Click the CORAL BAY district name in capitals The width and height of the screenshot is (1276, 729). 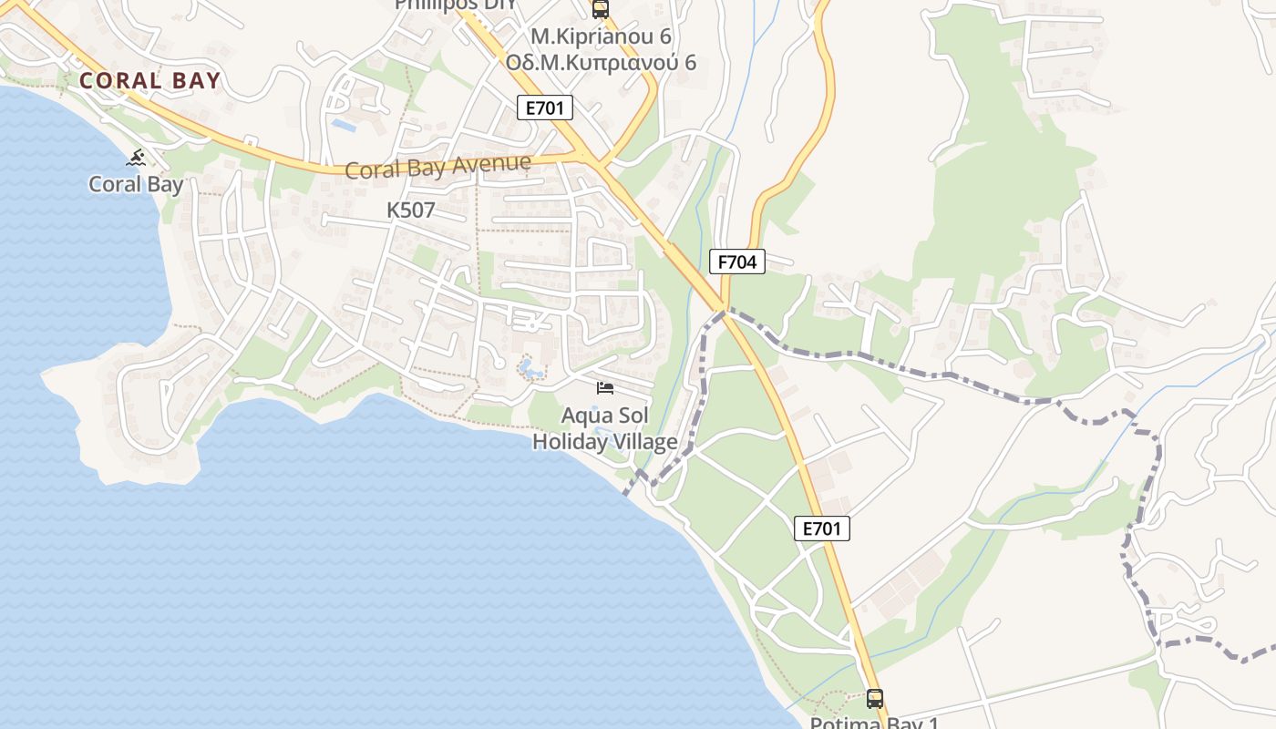point(149,81)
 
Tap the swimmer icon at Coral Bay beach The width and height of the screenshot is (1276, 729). point(137,159)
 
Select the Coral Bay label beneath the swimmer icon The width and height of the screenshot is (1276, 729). point(136,184)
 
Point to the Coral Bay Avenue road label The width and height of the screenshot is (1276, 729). point(437,167)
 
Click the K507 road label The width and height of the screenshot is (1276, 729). point(411,210)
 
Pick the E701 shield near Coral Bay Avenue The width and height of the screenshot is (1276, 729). point(545,108)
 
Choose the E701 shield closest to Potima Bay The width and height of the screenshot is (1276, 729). point(821,529)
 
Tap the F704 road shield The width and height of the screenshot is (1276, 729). point(736,262)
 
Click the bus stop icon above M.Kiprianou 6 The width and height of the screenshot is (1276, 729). point(600,10)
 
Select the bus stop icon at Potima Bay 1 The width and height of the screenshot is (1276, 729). point(875,699)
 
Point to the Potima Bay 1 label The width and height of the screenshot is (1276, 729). point(874,723)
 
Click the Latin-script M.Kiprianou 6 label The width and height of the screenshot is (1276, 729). point(601,37)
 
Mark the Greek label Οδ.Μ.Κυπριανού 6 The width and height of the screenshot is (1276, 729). point(601,62)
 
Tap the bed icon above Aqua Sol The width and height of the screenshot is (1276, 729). point(604,388)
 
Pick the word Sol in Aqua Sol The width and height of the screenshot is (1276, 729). point(632,416)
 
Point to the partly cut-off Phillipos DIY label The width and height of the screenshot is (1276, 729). point(455,5)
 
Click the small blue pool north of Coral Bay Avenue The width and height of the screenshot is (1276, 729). point(344,124)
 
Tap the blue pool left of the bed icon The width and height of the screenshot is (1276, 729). point(530,369)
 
